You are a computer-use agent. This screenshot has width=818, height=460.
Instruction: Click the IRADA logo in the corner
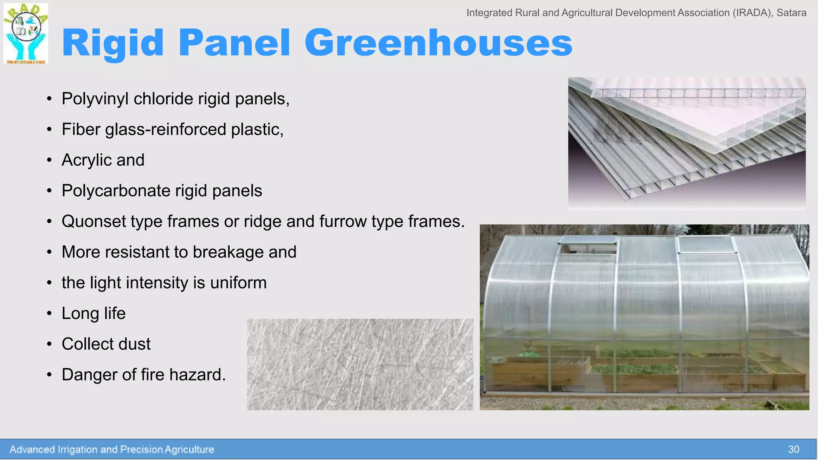(x=26, y=34)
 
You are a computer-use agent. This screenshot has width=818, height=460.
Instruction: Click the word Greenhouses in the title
(x=438, y=43)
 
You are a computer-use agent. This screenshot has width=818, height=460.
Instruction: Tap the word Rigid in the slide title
(x=113, y=43)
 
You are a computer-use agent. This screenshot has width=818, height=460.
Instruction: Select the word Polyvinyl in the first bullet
(x=95, y=99)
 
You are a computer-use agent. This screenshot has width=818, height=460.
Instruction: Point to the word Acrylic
(x=86, y=160)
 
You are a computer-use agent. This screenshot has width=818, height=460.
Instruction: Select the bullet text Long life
(x=93, y=313)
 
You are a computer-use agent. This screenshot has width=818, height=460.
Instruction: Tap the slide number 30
(x=793, y=450)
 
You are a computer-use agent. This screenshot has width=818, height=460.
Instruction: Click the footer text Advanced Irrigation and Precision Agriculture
(x=112, y=450)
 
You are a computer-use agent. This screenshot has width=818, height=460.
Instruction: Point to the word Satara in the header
(x=791, y=13)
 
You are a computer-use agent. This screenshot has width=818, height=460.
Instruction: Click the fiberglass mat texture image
(x=360, y=364)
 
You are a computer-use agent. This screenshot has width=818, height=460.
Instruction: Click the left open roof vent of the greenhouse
(x=588, y=244)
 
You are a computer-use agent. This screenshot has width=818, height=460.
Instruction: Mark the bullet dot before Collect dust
(x=49, y=344)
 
